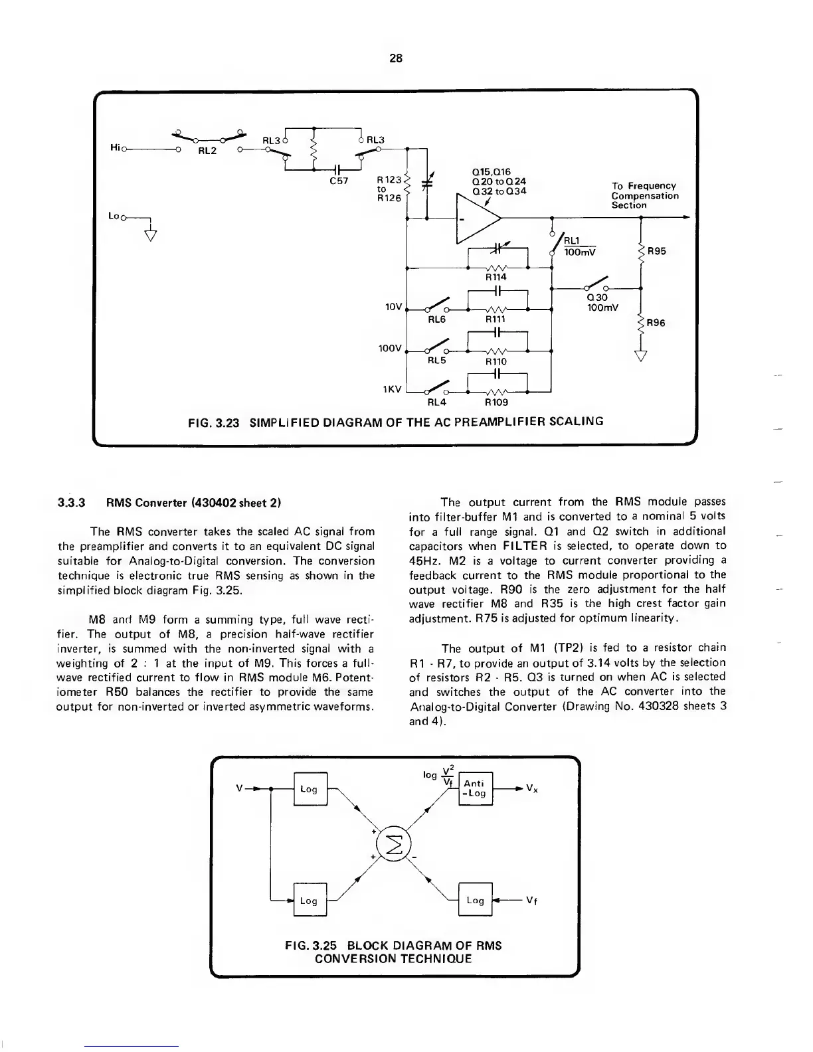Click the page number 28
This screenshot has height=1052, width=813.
[x=395, y=58]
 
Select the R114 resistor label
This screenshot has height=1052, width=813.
[x=496, y=277]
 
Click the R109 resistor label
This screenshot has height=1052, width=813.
[x=496, y=402]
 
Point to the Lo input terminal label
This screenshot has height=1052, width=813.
[x=114, y=217]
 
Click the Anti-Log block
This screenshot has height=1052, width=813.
[x=475, y=788]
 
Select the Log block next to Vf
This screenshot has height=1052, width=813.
[x=475, y=901]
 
